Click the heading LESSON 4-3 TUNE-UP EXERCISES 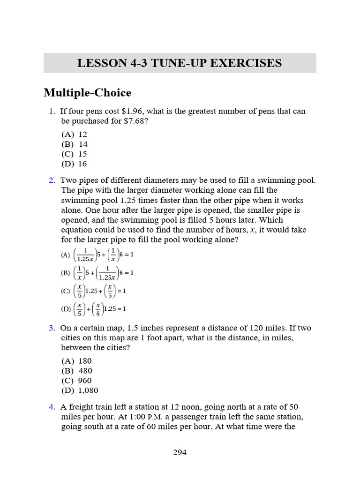click(x=180, y=63)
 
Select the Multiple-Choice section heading click(x=87, y=93)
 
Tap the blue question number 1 click(x=52, y=111)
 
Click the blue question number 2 click(x=52, y=180)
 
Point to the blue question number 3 click(x=52, y=328)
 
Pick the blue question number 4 click(x=52, y=407)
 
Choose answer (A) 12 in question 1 click(x=74, y=134)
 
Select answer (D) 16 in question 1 click(x=74, y=164)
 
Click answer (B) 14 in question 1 click(x=74, y=144)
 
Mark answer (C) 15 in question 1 click(x=74, y=154)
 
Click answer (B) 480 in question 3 click(x=76, y=371)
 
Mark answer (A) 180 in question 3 click(x=76, y=361)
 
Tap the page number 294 click(x=180, y=452)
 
